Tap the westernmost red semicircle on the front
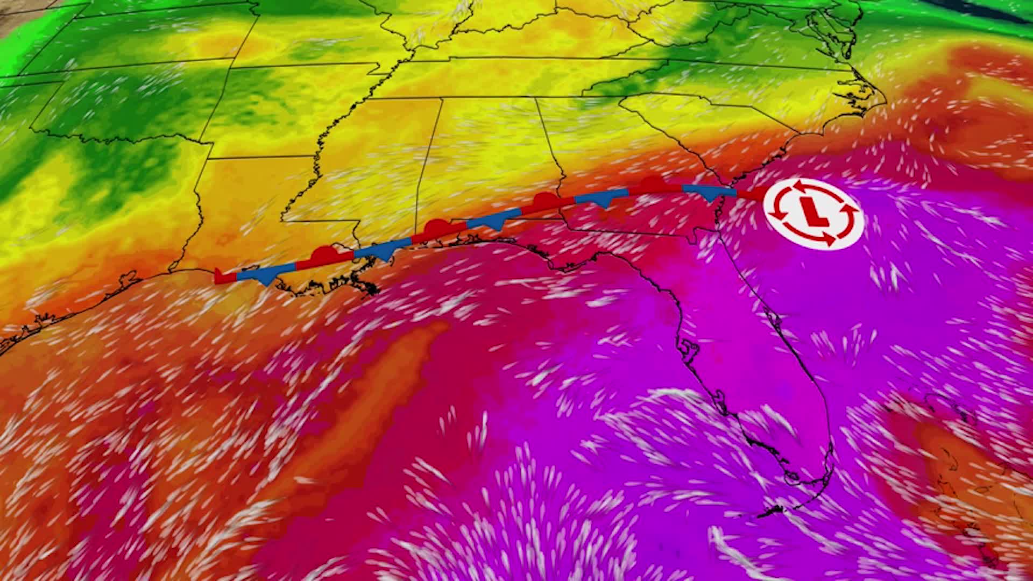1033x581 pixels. [324, 253]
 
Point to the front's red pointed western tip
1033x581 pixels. [218, 276]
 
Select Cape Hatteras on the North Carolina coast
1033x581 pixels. [882, 97]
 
